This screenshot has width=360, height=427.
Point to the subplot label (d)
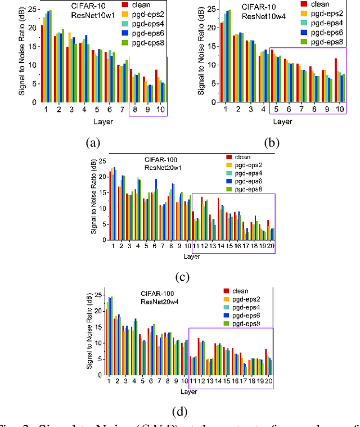tap(181, 411)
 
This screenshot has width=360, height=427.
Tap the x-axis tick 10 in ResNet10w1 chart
tap(160, 108)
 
